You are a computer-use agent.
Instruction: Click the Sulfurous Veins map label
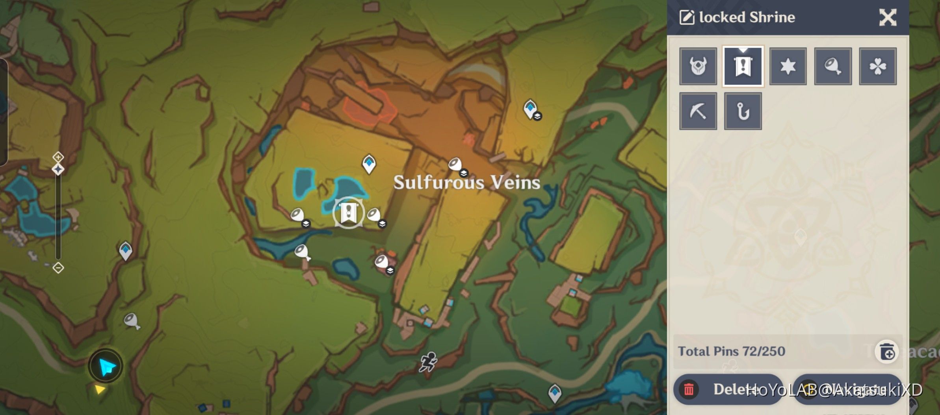466,182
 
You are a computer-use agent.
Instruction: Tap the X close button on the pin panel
888,17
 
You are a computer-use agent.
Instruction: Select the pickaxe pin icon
698,111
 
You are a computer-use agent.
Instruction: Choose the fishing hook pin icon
743,111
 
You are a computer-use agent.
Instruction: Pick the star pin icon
788,66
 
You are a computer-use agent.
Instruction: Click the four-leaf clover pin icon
878,66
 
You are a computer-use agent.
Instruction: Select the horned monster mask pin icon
698,66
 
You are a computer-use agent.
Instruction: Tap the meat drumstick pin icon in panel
833,66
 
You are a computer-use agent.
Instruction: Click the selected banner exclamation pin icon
743,66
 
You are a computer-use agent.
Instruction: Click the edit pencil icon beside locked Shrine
687,17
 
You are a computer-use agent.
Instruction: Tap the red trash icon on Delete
689,389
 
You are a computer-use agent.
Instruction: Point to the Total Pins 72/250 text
731,351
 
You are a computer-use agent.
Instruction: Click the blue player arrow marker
106,367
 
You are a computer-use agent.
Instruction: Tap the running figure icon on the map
428,361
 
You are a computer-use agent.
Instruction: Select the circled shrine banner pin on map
348,213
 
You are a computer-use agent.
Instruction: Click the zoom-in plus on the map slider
58,157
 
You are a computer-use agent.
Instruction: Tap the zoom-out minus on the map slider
58,268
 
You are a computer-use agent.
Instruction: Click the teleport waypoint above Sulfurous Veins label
369,163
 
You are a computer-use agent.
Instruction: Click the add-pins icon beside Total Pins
887,352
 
